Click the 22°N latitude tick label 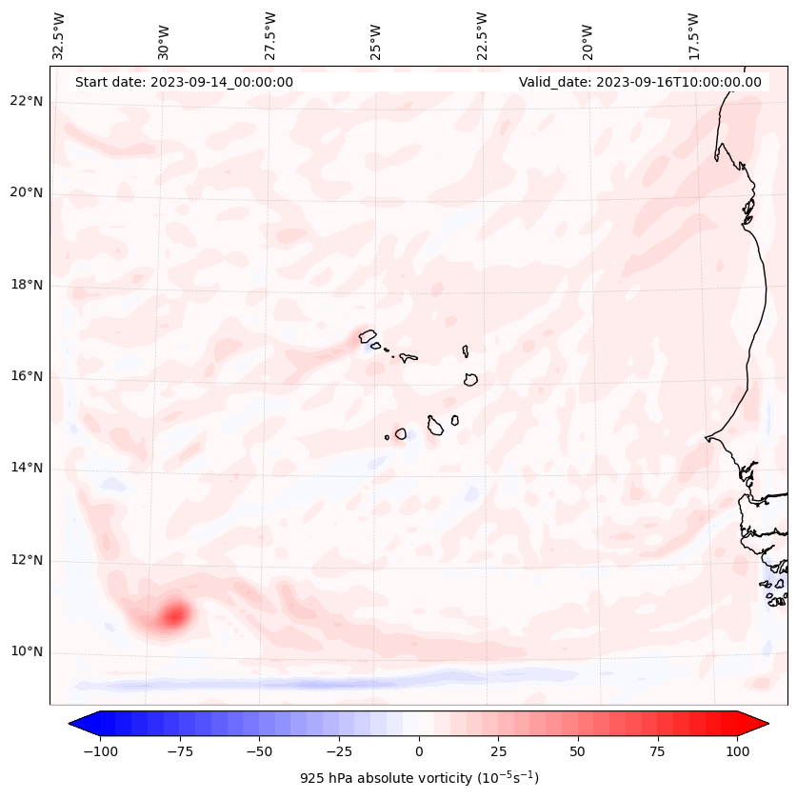(27, 101)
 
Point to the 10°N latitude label (27, 652)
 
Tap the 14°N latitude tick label (27, 469)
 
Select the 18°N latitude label (27, 285)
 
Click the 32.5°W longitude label (59, 34)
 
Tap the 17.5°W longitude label (693, 34)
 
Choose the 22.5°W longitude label (482, 34)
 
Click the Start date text (184, 82)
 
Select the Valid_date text (640, 82)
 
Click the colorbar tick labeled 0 (418, 751)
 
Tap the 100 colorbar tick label (737, 751)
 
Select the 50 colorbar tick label (577, 751)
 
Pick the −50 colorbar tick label (259, 751)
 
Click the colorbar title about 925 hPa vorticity (419, 778)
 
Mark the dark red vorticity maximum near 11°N (174, 615)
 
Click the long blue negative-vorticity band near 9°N (314, 684)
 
